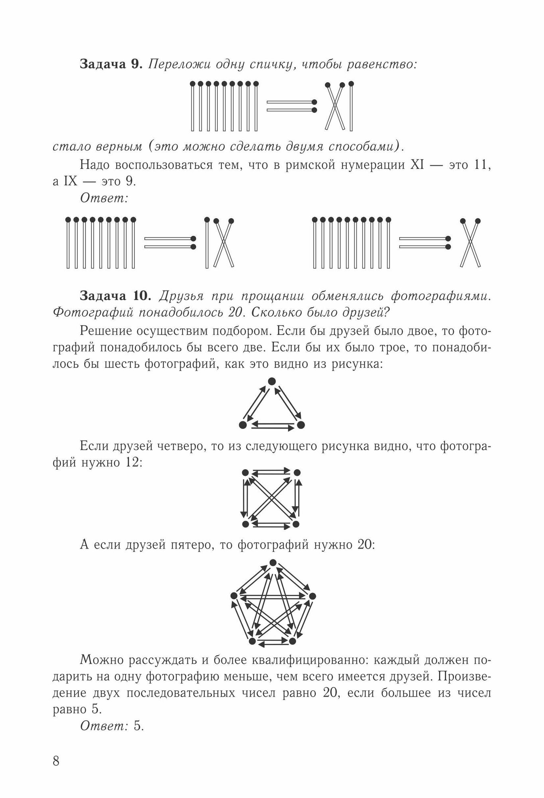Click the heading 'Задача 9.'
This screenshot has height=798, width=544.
tap(111, 64)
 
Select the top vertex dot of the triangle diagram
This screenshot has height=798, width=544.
tap(272, 381)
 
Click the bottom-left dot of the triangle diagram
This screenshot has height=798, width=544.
tap(242, 425)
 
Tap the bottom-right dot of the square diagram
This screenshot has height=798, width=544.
tap(296, 523)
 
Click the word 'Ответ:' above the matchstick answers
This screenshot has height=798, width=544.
tap(104, 198)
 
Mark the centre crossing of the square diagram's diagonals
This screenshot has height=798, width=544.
tap(271, 498)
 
